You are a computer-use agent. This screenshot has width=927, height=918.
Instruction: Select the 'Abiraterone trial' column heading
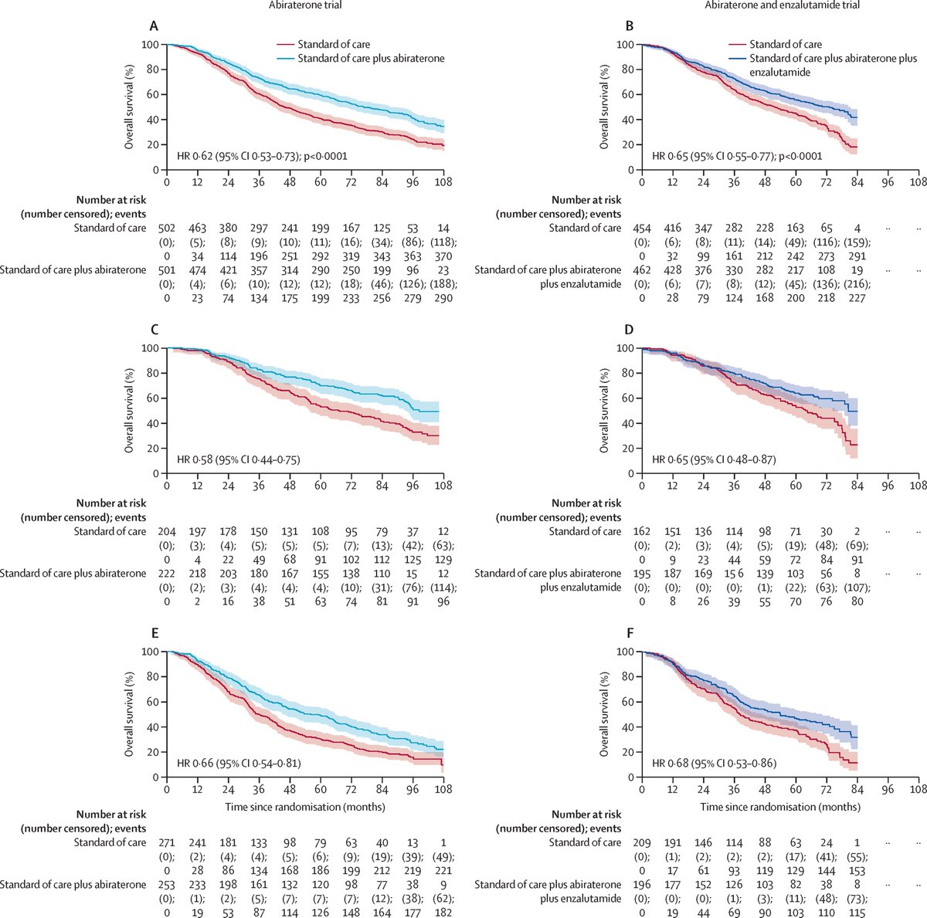click(302, 5)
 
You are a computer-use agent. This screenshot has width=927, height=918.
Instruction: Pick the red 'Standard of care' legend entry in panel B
click(786, 45)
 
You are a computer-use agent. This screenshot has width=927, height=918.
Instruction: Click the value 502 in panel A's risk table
click(167, 228)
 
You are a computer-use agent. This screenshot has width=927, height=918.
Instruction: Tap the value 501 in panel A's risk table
click(167, 269)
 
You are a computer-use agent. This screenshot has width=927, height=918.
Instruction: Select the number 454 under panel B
click(642, 228)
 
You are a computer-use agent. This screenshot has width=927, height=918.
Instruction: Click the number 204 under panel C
click(167, 531)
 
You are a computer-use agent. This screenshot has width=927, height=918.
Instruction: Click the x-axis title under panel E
click(305, 807)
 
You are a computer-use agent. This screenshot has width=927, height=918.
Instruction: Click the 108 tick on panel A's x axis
click(443, 182)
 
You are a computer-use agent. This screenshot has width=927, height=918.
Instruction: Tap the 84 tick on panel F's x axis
click(857, 790)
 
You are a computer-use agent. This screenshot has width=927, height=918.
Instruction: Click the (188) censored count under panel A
click(443, 283)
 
